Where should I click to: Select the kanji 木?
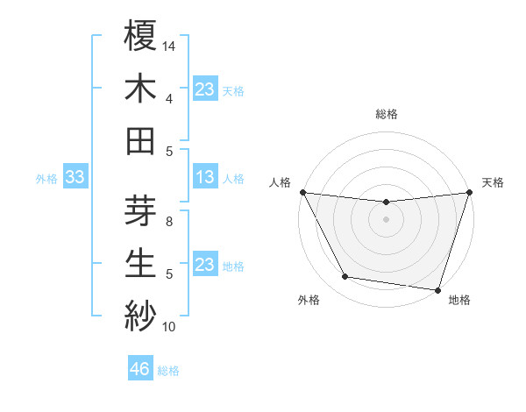141,88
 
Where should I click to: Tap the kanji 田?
141,140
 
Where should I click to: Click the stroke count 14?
170,45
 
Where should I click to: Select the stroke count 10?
169,327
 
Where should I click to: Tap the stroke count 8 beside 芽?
170,222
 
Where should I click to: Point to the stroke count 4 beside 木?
169,98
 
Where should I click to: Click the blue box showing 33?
75,178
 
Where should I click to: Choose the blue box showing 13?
204,178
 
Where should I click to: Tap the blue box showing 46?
139,369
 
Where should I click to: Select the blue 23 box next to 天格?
204,89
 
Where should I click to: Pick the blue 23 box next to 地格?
204,265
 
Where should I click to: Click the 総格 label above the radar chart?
387,114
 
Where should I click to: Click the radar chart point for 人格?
302,192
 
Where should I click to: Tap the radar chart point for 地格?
437,289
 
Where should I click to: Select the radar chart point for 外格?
345,277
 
